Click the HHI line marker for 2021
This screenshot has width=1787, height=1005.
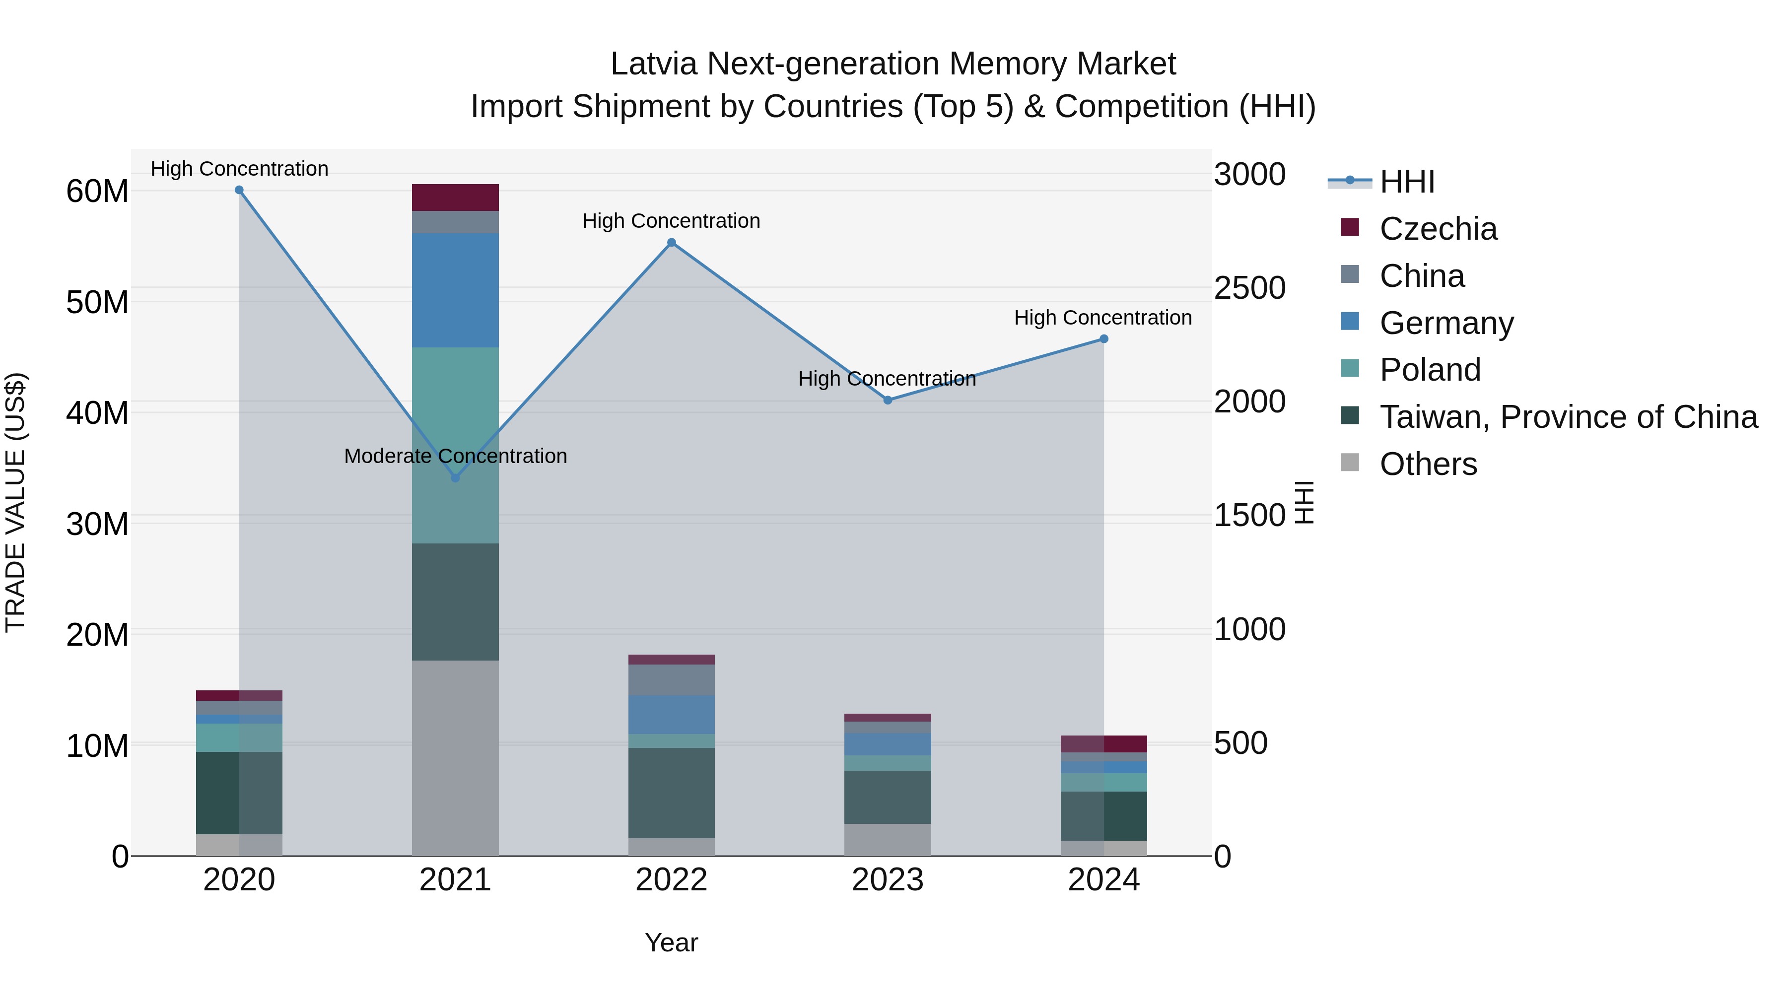click(x=455, y=478)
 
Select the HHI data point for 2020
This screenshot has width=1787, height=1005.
click(x=239, y=190)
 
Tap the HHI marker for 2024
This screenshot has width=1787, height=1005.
click(x=1103, y=339)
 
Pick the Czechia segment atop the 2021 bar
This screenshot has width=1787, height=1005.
click(x=455, y=198)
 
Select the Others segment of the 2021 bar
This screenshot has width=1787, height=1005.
click(x=455, y=757)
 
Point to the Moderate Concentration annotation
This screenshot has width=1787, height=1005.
click(x=455, y=457)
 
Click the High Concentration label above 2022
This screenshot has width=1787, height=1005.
click(x=671, y=221)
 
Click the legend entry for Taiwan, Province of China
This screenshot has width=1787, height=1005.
click(x=1568, y=417)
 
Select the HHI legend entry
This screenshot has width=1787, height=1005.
click(x=1407, y=182)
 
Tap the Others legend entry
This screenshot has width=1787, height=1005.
click(x=1428, y=464)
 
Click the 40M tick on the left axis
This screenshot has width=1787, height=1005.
click(x=97, y=413)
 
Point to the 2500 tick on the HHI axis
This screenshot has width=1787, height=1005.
click(x=1249, y=288)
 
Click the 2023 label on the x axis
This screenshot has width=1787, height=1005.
click(x=887, y=880)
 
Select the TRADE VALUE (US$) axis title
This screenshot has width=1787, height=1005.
click(x=15, y=502)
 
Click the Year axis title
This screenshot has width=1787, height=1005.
click(x=671, y=942)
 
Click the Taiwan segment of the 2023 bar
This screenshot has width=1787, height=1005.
click(x=887, y=797)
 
